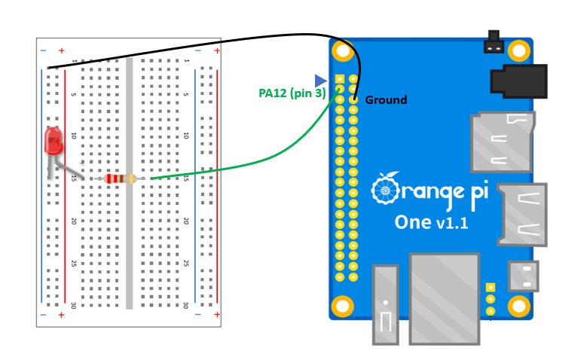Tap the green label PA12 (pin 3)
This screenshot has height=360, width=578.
tap(292, 93)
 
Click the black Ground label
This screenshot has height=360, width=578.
tap(386, 100)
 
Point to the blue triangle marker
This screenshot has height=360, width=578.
tap(321, 80)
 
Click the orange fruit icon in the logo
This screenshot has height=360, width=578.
tap(386, 190)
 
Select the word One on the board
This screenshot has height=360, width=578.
tap(412, 223)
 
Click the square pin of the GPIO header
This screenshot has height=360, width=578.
tap(340, 79)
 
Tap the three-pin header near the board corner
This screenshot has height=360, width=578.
tap(491, 298)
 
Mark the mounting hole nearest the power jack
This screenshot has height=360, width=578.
tap(518, 50)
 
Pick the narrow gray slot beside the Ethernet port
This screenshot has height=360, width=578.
tap(385, 304)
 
